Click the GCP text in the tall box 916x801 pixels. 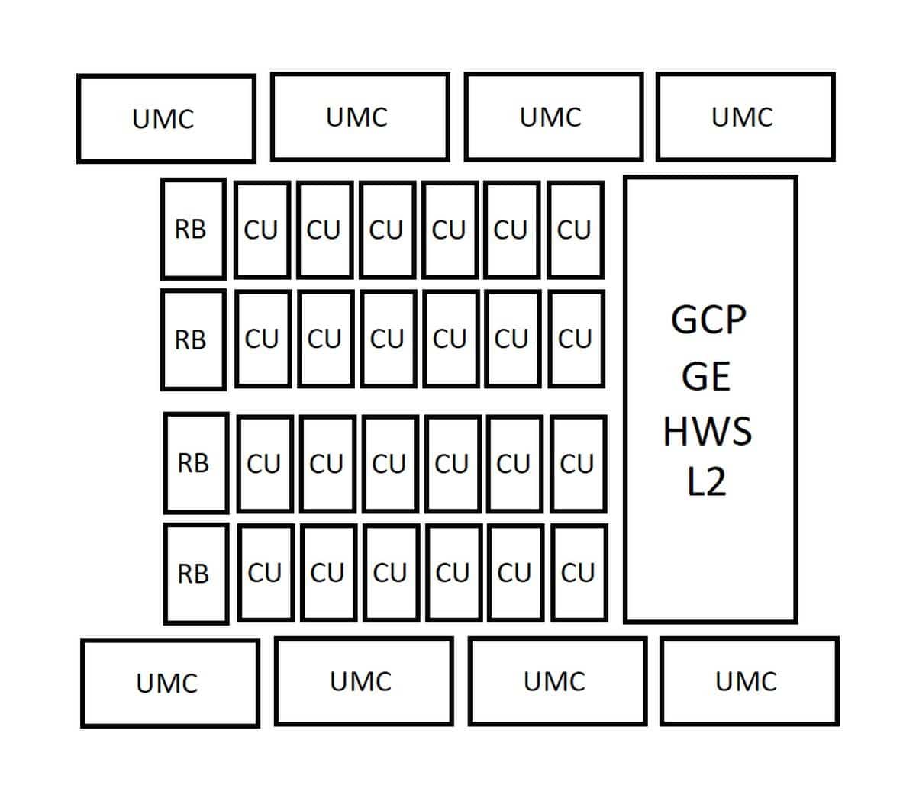point(708,320)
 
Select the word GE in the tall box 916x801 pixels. point(706,376)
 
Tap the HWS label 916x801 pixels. point(708,431)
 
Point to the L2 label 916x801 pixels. point(706,482)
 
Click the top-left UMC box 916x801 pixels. point(166,118)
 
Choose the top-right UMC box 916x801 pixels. point(746,117)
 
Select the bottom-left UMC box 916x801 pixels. point(170,683)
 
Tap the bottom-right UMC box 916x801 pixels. point(749,681)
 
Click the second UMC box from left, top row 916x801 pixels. point(360,117)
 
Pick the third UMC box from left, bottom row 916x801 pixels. point(557,681)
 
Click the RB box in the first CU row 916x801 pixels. point(193,229)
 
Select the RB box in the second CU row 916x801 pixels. point(193,339)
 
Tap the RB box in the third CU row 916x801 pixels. point(196,463)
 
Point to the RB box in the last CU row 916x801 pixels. point(196,574)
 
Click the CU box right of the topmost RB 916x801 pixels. point(263,230)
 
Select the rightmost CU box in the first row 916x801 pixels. point(576,230)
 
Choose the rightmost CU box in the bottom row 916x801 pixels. point(580,573)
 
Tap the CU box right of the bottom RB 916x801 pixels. point(266,573)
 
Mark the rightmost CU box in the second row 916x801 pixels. point(576,339)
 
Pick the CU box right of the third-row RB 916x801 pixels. point(266,464)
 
